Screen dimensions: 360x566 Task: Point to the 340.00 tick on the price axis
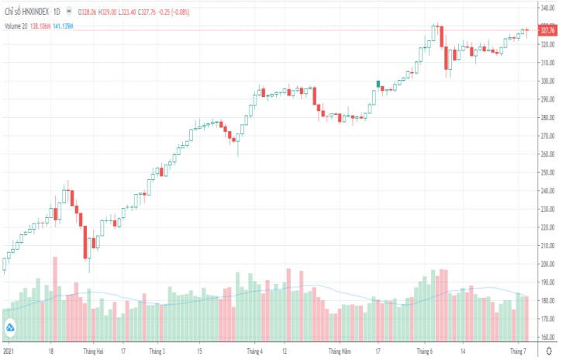pos(548,8)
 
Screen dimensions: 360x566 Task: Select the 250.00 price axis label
pos(548,172)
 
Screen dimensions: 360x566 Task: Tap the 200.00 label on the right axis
pos(548,264)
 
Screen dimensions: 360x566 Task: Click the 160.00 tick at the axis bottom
pos(548,337)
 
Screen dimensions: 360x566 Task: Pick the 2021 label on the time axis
pos(8,351)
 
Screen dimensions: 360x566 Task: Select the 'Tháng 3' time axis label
pos(157,351)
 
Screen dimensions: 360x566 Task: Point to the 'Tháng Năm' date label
pos(340,351)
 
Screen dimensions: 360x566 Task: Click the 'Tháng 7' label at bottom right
pos(518,351)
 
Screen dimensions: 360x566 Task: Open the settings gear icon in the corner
pos(549,351)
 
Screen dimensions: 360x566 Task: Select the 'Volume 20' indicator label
pos(16,26)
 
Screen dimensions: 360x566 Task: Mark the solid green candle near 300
pos(378,83)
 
